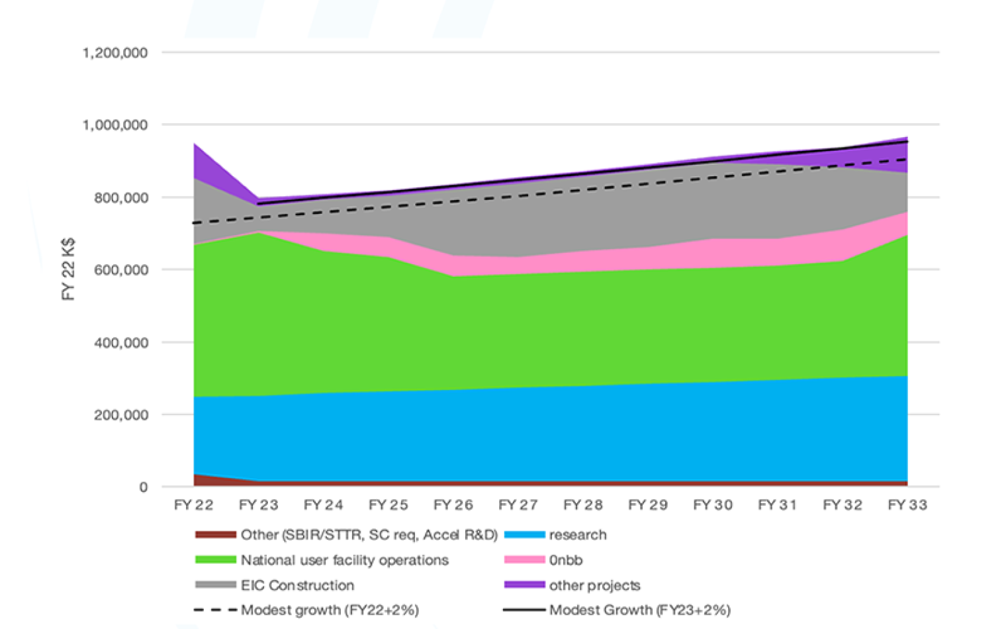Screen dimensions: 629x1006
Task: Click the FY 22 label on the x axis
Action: click(193, 505)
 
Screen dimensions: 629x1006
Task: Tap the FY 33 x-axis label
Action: click(907, 505)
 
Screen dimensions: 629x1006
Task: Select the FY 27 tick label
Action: click(518, 505)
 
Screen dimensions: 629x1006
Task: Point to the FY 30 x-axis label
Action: click(712, 505)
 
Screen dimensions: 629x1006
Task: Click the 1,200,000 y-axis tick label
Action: click(114, 53)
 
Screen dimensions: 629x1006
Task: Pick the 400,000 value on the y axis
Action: click(120, 343)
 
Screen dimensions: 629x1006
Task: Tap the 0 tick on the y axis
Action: click(143, 487)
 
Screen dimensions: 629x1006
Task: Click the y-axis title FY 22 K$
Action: click(68, 269)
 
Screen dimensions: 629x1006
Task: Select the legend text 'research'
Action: click(577, 535)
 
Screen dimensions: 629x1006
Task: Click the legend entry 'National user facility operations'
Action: click(344, 560)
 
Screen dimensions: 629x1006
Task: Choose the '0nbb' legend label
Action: click(565, 560)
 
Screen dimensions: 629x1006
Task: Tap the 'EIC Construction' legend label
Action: click(297, 585)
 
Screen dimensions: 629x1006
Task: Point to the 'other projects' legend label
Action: click(594, 585)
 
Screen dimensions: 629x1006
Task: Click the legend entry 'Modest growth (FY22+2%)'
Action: click(330, 610)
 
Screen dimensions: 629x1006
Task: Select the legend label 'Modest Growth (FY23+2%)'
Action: click(639, 610)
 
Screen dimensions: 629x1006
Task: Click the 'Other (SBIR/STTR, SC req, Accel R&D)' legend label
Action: click(369, 535)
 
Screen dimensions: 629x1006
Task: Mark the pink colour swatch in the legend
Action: click(524, 560)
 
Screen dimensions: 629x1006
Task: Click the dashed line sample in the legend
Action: click(215, 610)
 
